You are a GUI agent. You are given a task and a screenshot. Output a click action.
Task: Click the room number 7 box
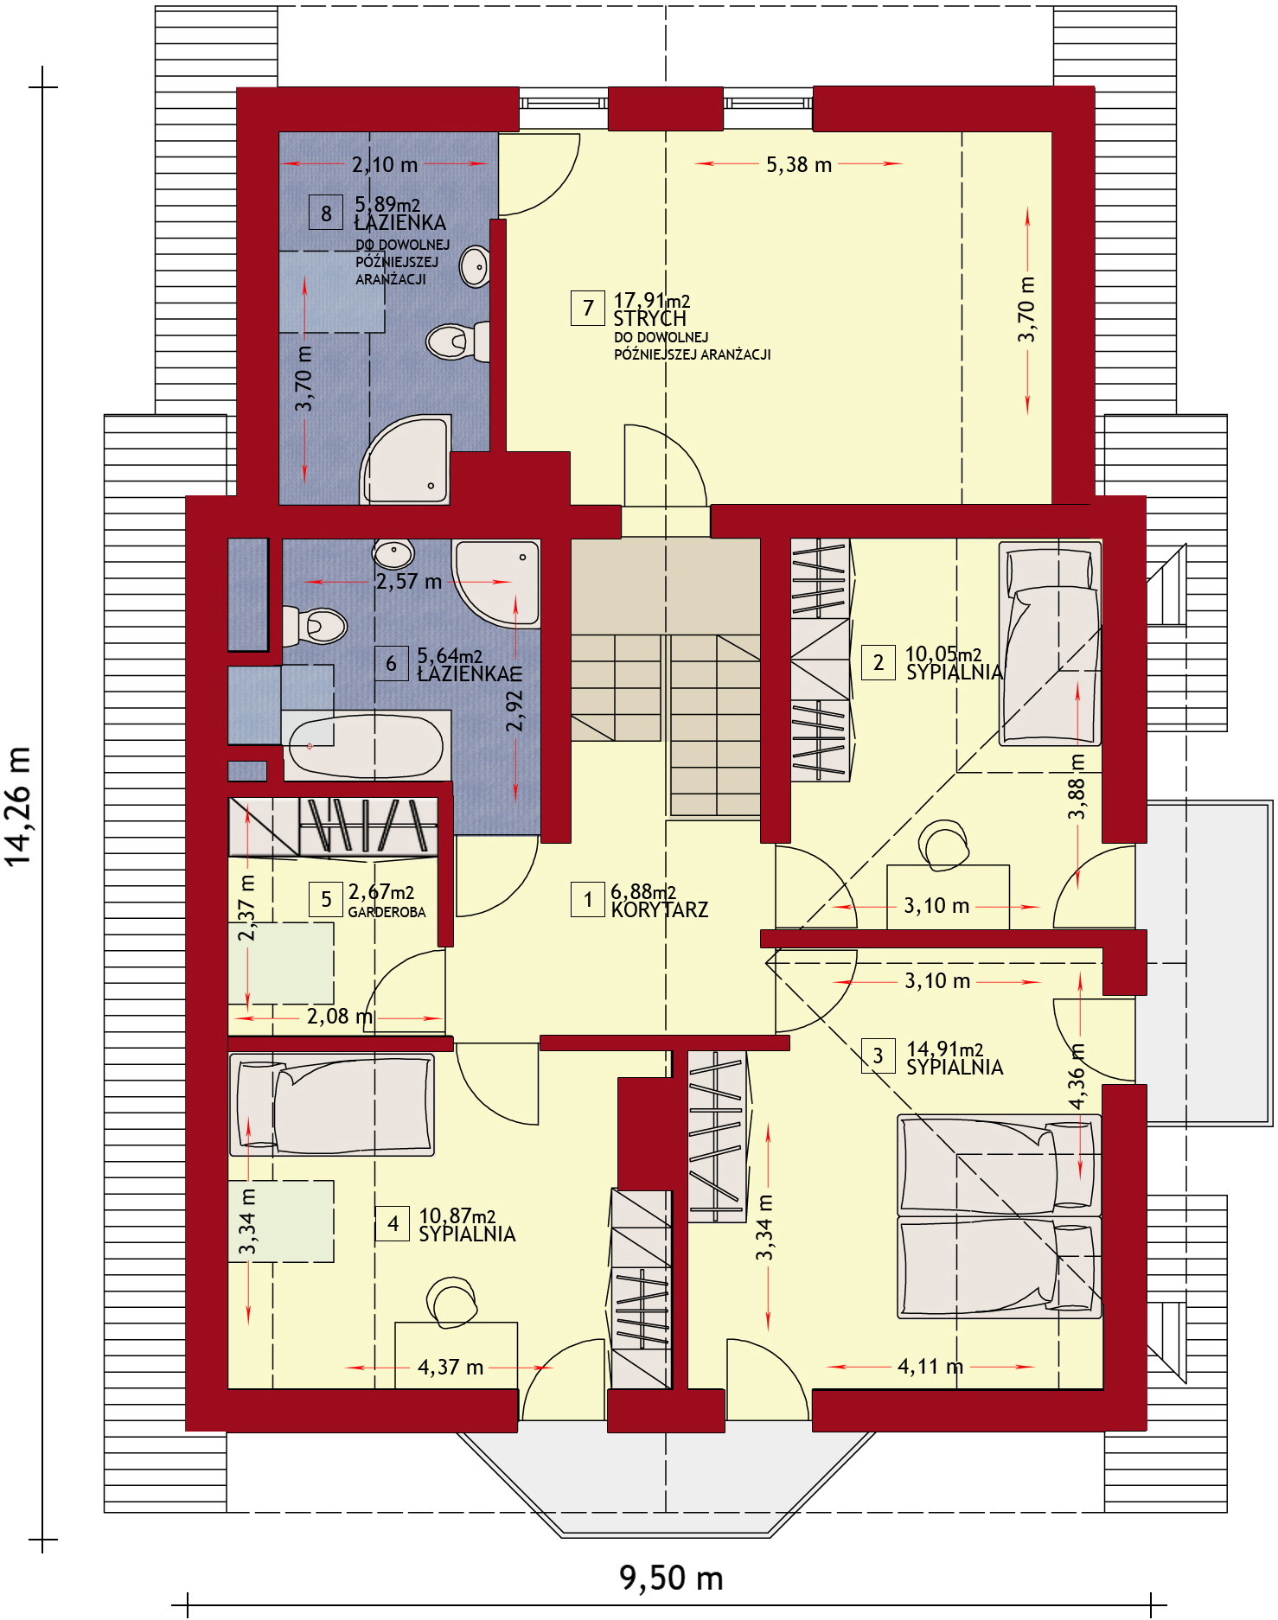coord(588,308)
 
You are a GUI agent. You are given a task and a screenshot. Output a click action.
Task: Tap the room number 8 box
coord(326,213)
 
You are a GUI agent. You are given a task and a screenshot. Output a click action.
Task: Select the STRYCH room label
coord(649,319)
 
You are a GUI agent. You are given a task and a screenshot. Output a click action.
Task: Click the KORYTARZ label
coord(660,909)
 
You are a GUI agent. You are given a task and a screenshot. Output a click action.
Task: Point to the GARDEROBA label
coord(387,912)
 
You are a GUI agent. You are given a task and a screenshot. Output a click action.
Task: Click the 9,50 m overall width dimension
coord(671,1578)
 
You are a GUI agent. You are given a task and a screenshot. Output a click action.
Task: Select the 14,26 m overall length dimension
coord(18,806)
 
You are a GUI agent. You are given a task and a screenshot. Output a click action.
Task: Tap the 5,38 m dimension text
coord(799,164)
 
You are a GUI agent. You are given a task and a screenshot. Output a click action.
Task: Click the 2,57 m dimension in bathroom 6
coord(409,582)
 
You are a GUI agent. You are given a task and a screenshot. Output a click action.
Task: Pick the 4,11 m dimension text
coord(930,1366)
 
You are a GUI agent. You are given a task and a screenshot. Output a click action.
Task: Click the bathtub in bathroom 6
coord(366,745)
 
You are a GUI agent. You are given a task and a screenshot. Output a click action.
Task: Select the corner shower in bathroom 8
coord(406,460)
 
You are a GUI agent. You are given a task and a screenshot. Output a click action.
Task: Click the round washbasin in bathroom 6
coord(393,551)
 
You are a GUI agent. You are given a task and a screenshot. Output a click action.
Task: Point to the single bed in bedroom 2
coord(1050,643)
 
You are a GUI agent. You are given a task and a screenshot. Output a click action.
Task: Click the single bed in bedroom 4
coord(332,1105)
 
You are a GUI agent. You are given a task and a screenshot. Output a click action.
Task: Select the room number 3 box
coord(878,1056)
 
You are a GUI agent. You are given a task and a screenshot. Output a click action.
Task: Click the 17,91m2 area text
coord(652,300)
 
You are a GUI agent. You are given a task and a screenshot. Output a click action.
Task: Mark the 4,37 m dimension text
coord(450,1367)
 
